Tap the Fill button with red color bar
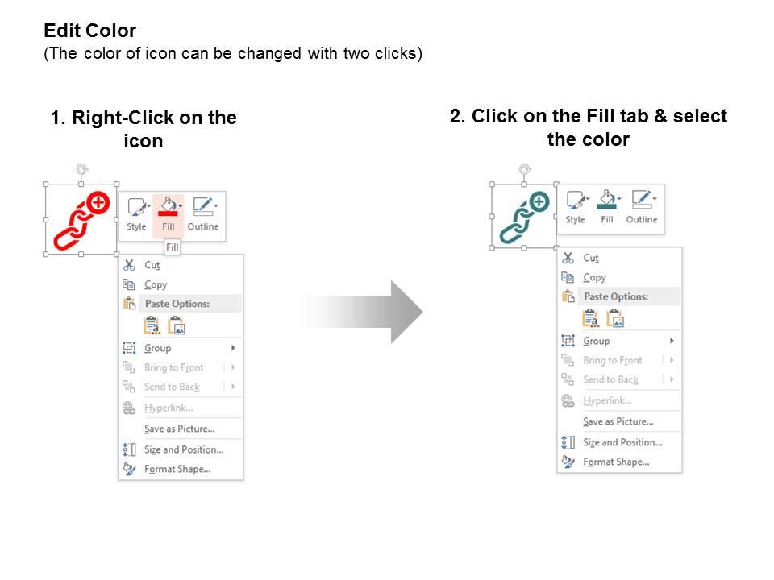(x=169, y=215)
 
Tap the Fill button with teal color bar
(x=607, y=208)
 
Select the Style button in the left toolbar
(x=136, y=215)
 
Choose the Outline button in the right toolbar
(x=642, y=208)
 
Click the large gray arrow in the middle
(x=363, y=312)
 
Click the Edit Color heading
(x=89, y=31)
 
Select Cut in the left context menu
(x=152, y=265)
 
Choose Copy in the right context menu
(x=594, y=277)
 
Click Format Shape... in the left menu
(x=177, y=469)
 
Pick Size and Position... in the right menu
(x=622, y=442)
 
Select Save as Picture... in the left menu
(x=179, y=429)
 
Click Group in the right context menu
(x=597, y=341)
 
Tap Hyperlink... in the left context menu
(x=169, y=408)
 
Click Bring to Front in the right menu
(x=613, y=360)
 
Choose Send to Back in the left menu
(x=172, y=387)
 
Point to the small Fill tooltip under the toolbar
(x=172, y=248)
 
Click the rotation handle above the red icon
(x=81, y=169)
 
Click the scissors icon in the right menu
(x=568, y=258)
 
